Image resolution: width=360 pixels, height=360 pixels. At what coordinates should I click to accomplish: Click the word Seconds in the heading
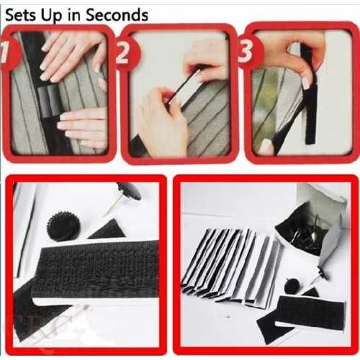click(x=117, y=15)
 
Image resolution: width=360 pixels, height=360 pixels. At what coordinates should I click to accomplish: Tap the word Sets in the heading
click(x=21, y=15)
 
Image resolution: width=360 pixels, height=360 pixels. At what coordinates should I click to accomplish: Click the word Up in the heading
click(x=52, y=17)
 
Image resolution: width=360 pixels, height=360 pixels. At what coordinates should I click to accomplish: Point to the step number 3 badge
click(x=247, y=51)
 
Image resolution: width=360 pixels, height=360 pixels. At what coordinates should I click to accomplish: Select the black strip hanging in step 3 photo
click(x=310, y=106)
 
